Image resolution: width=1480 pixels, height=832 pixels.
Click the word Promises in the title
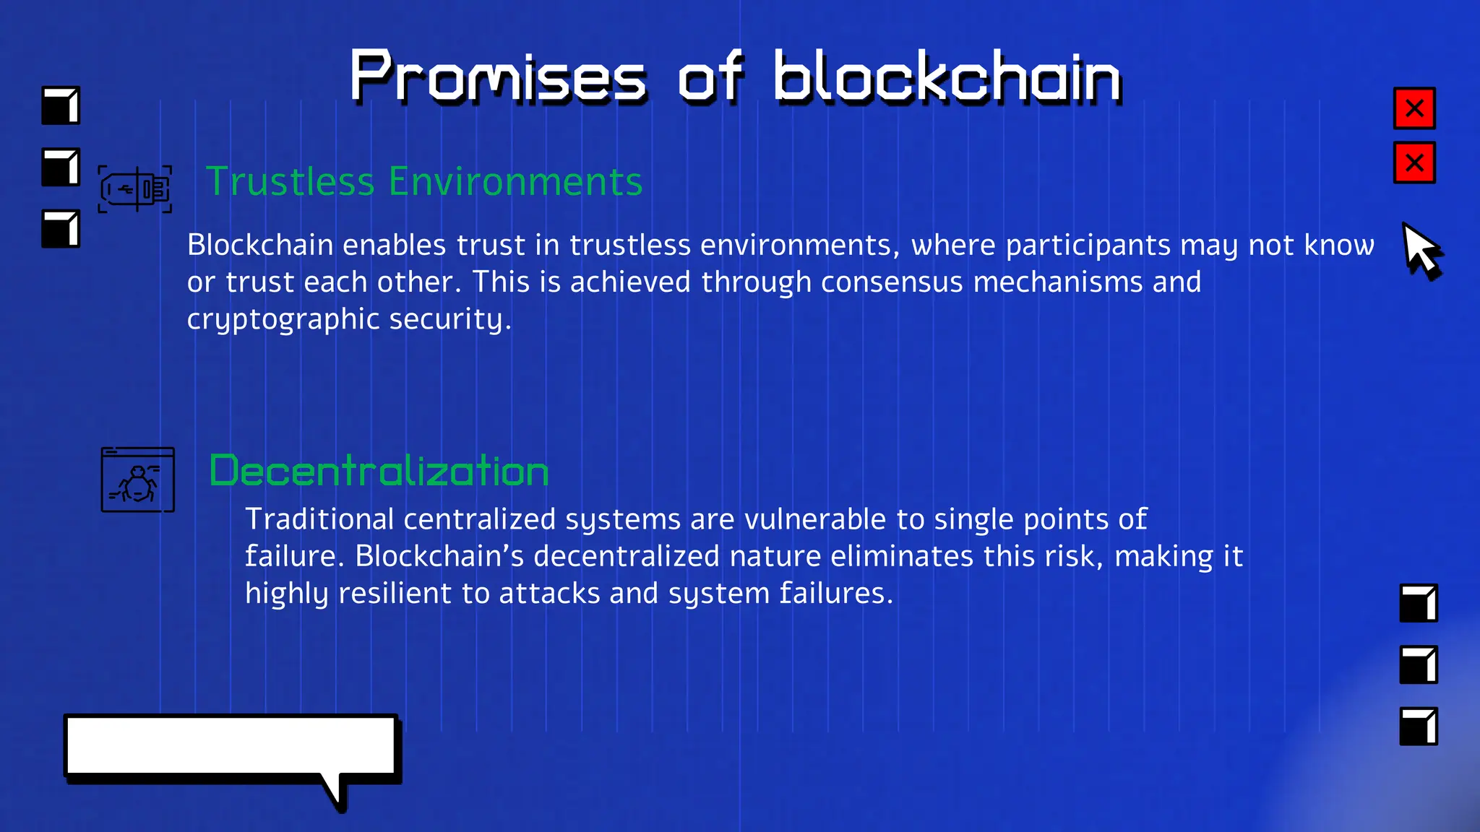(497, 77)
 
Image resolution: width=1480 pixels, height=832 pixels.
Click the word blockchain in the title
(947, 77)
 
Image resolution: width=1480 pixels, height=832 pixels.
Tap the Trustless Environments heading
(424, 181)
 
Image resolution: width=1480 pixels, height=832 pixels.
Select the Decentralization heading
(379, 471)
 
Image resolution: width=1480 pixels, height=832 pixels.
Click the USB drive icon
(135, 189)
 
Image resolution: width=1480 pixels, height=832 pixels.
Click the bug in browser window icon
(137, 480)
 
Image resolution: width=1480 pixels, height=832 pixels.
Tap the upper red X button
(1414, 108)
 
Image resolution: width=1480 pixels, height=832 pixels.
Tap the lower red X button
(1414, 163)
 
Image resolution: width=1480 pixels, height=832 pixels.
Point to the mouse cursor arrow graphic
(1419, 250)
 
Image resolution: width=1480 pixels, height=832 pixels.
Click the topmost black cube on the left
(61, 105)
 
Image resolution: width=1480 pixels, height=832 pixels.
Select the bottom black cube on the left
(61, 229)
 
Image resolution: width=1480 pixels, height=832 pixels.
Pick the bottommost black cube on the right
(1418, 726)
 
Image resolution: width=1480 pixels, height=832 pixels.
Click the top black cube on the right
(1418, 603)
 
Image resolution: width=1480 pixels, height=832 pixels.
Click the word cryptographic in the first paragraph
(283, 319)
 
